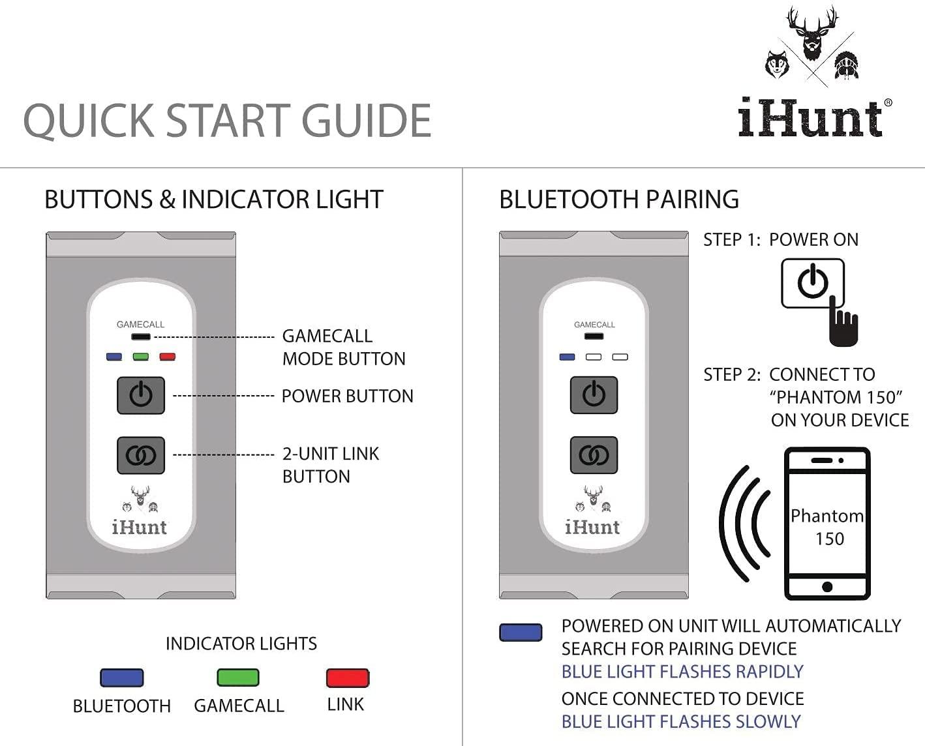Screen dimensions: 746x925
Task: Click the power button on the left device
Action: tap(141, 395)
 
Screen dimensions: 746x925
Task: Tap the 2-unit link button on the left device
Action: tap(141, 455)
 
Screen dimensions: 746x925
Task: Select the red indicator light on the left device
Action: tap(168, 357)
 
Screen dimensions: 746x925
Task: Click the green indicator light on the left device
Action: tap(141, 357)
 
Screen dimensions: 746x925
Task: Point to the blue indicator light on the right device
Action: tap(568, 357)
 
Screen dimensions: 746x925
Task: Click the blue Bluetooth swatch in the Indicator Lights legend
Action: tap(121, 678)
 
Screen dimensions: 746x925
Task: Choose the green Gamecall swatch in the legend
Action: tap(238, 678)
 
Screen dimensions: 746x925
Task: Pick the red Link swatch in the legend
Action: tap(347, 678)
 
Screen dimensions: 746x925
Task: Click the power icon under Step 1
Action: tap(812, 283)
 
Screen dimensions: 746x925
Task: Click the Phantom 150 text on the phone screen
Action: tap(827, 527)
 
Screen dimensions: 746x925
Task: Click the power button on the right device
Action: tap(594, 395)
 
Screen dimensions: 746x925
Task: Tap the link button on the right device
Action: tap(594, 455)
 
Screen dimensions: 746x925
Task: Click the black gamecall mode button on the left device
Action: tap(141, 337)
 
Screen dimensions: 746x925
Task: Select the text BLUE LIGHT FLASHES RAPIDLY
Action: tap(682, 672)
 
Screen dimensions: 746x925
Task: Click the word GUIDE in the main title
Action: tap(365, 121)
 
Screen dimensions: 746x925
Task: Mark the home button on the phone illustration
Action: tap(827, 586)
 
